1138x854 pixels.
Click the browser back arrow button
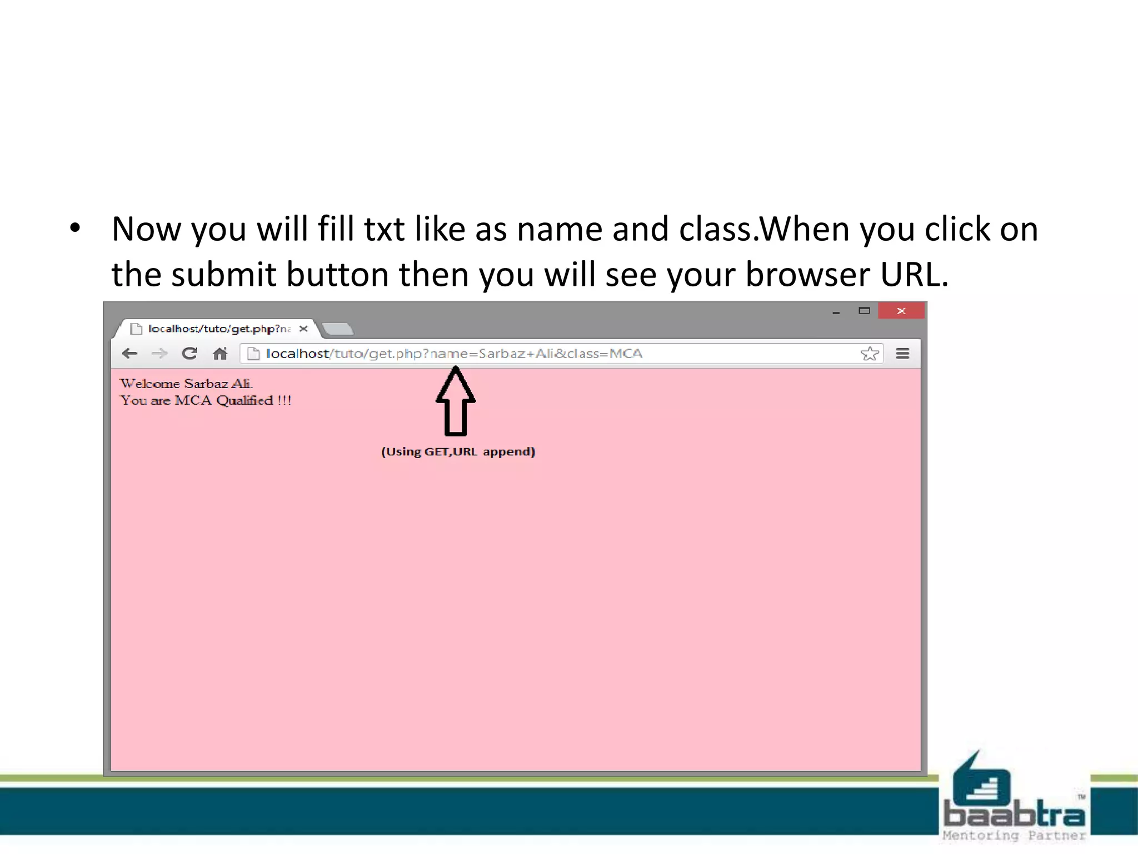(x=129, y=354)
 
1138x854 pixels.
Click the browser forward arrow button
(x=159, y=354)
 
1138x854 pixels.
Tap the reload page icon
(x=189, y=354)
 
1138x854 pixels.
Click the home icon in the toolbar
(x=220, y=354)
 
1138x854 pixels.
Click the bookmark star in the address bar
(x=870, y=354)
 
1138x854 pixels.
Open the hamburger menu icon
(x=903, y=354)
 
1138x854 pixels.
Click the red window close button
(x=901, y=311)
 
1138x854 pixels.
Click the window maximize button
(x=864, y=311)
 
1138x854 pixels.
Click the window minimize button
(x=836, y=312)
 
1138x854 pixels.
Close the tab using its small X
(x=303, y=329)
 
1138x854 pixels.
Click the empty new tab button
(x=338, y=329)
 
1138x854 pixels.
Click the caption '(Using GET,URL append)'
(x=458, y=451)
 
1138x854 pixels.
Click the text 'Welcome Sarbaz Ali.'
(x=186, y=384)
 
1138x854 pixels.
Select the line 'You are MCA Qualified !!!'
(x=206, y=400)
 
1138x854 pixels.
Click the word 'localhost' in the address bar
(x=297, y=354)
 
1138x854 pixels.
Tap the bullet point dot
(x=76, y=227)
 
